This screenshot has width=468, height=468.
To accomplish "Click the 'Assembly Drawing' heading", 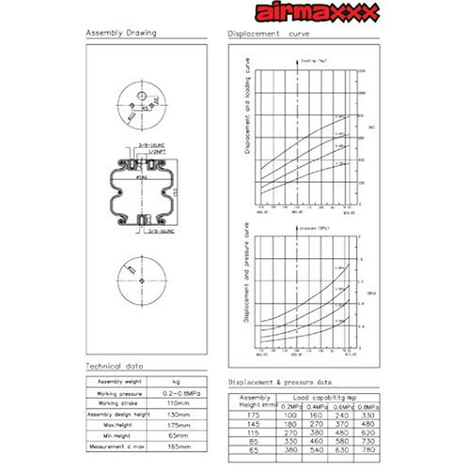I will (121, 33).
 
